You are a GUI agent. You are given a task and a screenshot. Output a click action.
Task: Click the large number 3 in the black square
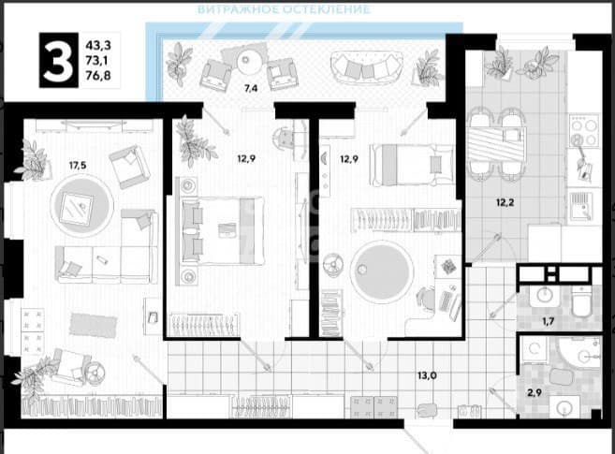(58, 60)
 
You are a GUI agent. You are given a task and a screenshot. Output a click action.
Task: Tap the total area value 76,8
(98, 76)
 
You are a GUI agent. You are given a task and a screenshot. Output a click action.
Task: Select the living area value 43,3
(98, 46)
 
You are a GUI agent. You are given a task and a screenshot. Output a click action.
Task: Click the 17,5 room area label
(78, 166)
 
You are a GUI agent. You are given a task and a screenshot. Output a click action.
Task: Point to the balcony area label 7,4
(251, 88)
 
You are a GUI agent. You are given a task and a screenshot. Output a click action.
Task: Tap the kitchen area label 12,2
(505, 203)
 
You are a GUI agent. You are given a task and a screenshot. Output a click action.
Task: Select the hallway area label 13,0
(427, 375)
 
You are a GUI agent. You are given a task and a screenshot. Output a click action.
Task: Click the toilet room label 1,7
(548, 321)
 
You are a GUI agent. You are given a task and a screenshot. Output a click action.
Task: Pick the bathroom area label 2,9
(534, 392)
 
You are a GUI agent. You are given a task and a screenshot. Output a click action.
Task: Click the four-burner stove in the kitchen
(584, 130)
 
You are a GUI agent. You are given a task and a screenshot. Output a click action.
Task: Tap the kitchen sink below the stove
(581, 207)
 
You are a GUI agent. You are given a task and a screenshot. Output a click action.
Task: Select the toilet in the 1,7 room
(581, 301)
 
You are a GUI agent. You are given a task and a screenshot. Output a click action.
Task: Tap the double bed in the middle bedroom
(222, 230)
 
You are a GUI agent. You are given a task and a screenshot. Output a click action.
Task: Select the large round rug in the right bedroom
(382, 271)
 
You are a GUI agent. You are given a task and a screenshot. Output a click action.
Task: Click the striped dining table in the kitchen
(497, 145)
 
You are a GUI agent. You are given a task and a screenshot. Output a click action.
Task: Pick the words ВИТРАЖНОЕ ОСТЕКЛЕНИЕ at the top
(284, 9)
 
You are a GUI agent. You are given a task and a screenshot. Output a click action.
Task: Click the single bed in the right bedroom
(411, 165)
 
